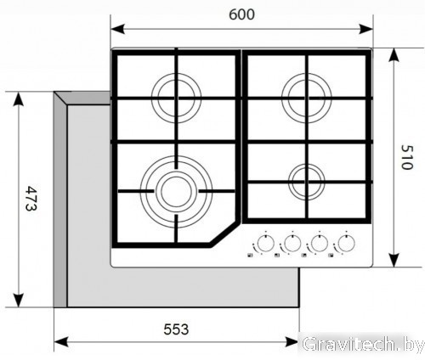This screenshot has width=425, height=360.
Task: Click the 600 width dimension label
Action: tap(241, 14)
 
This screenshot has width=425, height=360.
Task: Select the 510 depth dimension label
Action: tap(407, 157)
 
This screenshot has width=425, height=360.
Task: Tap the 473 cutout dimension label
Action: tap(31, 198)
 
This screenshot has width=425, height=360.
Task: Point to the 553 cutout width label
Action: tap(176, 329)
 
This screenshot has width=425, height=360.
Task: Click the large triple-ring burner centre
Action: tap(176, 192)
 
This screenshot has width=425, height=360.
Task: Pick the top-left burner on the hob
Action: tap(176, 98)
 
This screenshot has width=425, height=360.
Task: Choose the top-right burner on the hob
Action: tap(307, 98)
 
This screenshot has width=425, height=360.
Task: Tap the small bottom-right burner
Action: tap(307, 182)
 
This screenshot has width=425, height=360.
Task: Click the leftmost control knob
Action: tap(266, 243)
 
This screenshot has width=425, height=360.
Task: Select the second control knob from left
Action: tap(292, 243)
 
